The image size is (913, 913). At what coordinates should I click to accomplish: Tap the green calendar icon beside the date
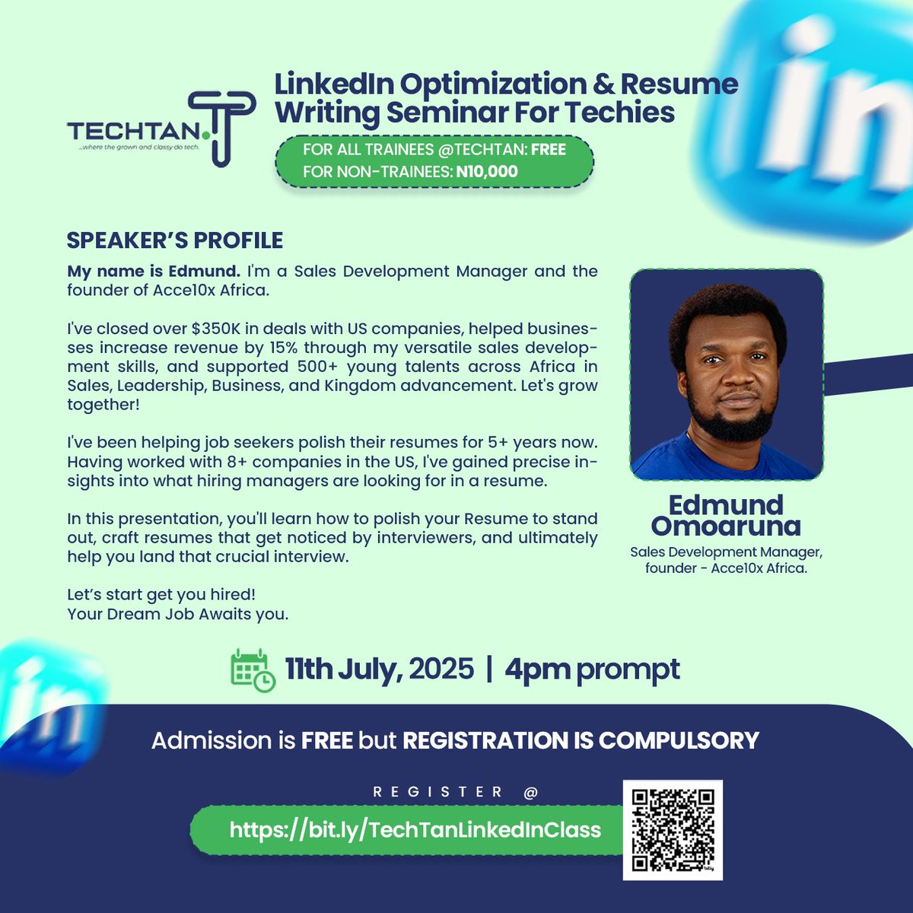click(x=253, y=670)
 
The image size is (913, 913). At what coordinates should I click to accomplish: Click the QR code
click(x=673, y=829)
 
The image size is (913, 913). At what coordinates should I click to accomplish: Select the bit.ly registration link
click(x=415, y=829)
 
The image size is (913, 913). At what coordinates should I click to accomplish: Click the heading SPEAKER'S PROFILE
click(x=175, y=240)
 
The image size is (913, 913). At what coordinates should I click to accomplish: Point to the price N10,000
click(x=487, y=171)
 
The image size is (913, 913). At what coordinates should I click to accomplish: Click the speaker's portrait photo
click(x=727, y=374)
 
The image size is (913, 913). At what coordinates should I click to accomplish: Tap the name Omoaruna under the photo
click(x=726, y=526)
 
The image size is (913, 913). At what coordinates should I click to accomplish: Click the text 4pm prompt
click(x=592, y=670)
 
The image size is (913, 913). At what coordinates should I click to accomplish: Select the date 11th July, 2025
click(x=379, y=670)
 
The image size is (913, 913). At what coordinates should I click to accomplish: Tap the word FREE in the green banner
click(x=548, y=150)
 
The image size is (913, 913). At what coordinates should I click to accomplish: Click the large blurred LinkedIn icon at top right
click(x=829, y=114)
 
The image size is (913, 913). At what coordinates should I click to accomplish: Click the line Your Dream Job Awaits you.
click(x=178, y=614)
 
